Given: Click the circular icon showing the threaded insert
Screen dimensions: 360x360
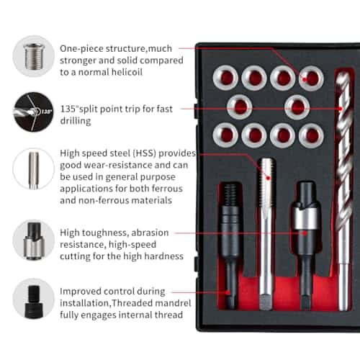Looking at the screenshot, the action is pyautogui.click(x=34, y=56).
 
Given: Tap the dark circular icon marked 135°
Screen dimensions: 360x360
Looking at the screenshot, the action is pyautogui.click(x=34, y=112).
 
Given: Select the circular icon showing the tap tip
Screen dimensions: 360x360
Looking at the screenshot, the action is pyautogui.click(x=34, y=169).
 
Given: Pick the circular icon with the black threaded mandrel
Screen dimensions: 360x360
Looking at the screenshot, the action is pyautogui.click(x=34, y=299).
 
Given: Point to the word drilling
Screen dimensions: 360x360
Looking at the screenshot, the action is pyautogui.click(x=76, y=121).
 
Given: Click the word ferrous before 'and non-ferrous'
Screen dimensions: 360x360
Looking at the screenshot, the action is pyautogui.click(x=167, y=189).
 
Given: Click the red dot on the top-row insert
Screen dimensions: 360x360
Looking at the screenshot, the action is pyautogui.click(x=305, y=79).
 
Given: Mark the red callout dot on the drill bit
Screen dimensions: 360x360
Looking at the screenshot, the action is pyautogui.click(x=341, y=109).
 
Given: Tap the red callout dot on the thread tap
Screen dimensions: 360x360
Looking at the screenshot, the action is pyautogui.click(x=268, y=178).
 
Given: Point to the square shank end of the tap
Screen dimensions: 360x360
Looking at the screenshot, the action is pyautogui.click(x=266, y=302).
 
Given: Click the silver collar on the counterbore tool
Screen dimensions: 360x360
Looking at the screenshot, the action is pyautogui.click(x=305, y=218).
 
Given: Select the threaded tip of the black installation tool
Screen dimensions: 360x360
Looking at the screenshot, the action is pyautogui.click(x=230, y=194).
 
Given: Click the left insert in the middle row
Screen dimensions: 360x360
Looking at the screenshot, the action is pyautogui.click(x=240, y=107).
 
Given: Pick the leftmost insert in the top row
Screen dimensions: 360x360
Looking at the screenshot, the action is pyautogui.click(x=225, y=78).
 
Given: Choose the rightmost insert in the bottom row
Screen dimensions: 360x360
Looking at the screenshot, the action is pyautogui.click(x=311, y=135).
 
